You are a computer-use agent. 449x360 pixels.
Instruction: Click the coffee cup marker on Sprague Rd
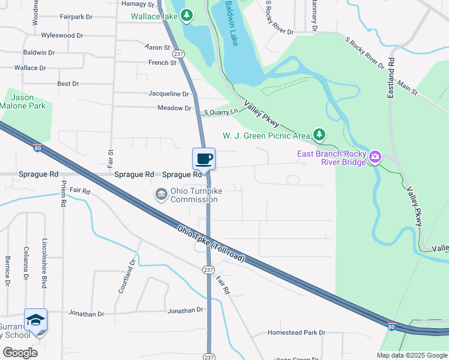pyautogui.click(x=203, y=159)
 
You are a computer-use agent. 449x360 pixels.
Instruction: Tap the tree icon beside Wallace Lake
pyautogui.click(x=187, y=15)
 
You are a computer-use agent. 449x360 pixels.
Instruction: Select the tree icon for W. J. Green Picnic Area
pyautogui.click(x=321, y=134)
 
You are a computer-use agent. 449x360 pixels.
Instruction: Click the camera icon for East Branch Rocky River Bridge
pyautogui.click(x=375, y=157)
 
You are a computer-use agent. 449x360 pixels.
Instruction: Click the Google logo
pyautogui.click(x=20, y=352)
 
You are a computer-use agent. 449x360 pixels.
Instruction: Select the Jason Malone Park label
pyautogui.click(x=23, y=101)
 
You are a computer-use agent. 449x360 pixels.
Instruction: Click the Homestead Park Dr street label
pyautogui.click(x=296, y=332)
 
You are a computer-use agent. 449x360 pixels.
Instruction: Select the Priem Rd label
pyautogui.click(x=63, y=194)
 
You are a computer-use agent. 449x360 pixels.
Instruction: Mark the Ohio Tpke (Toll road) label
pyautogui.click(x=210, y=243)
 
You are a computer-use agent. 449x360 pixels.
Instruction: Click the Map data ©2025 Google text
pyautogui.click(x=411, y=355)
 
